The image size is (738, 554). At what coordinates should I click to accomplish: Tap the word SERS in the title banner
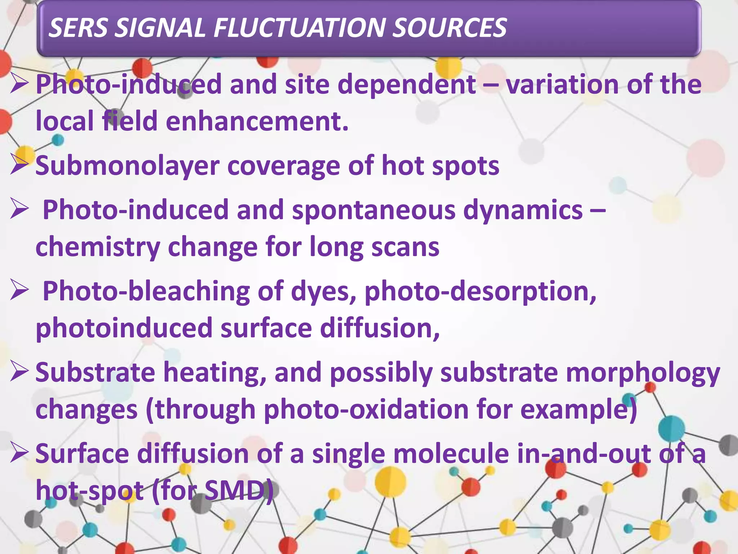pyautogui.click(x=78, y=28)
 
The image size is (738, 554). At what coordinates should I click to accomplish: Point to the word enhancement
pyautogui.click(x=257, y=121)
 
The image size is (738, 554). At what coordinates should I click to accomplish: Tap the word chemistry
pyautogui.click(x=98, y=247)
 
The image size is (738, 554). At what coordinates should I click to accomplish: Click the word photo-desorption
pyautogui.click(x=480, y=291)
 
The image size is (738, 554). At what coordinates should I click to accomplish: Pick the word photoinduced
pyautogui.click(x=124, y=329)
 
